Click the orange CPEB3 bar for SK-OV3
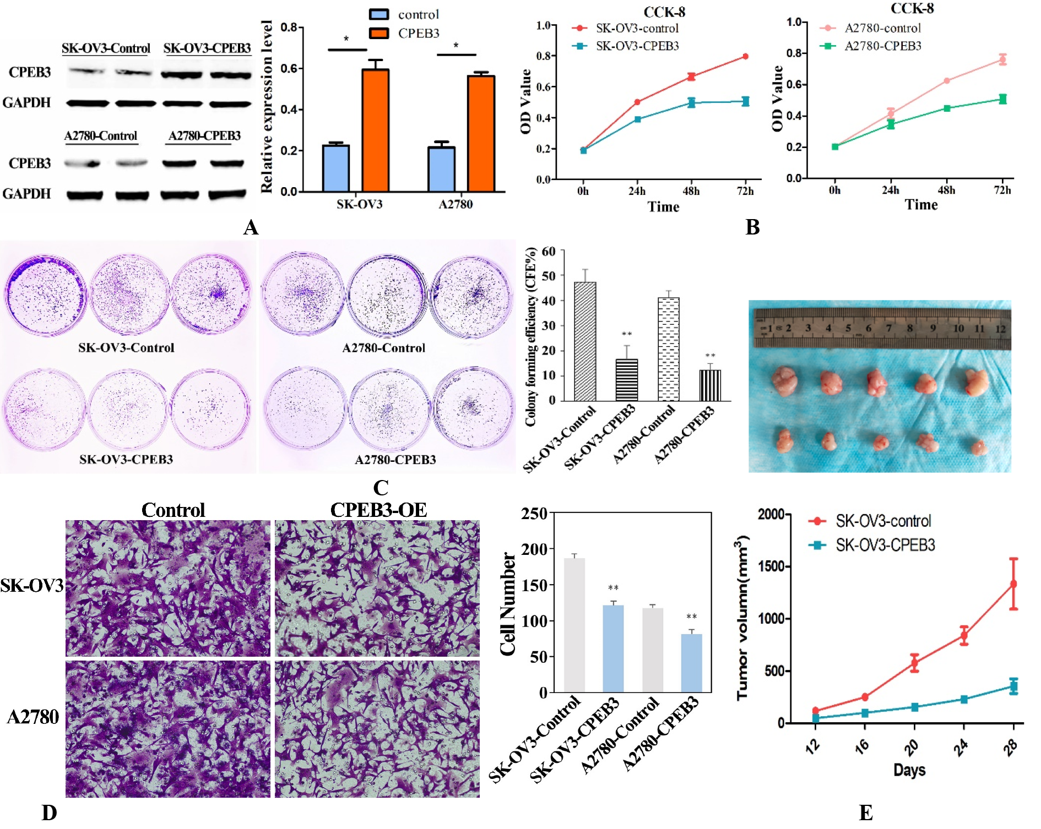tap(375, 130)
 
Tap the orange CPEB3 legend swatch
tap(379, 33)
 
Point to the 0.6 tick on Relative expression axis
tap(301, 68)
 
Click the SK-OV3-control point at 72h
tap(745, 56)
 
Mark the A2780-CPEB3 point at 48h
tap(947, 108)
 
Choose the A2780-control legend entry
tap(870, 28)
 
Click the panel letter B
tap(752, 227)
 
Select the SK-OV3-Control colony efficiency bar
tap(585, 341)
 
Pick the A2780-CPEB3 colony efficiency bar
tap(710, 385)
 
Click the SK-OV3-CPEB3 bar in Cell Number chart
tap(613, 648)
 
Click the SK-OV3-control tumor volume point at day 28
tap(1013, 583)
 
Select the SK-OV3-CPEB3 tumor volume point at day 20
tap(914, 707)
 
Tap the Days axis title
tap(909, 770)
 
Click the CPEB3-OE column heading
tap(378, 510)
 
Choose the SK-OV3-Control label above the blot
tap(106, 48)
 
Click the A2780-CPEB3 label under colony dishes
tap(395, 460)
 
